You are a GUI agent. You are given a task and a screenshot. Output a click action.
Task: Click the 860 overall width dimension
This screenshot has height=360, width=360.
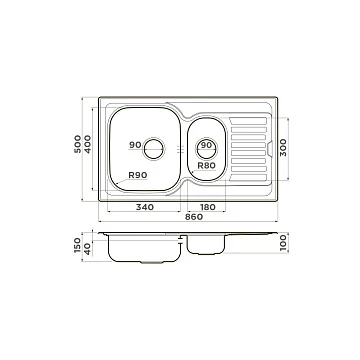point(193,217)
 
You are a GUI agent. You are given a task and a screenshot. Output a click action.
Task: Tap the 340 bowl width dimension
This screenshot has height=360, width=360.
point(145,207)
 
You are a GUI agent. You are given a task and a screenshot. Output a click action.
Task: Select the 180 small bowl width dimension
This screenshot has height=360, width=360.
point(208,207)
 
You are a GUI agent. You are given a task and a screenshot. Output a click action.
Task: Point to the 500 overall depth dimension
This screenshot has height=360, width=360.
point(77,144)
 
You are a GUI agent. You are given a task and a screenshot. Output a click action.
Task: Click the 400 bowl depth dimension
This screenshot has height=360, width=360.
point(87,144)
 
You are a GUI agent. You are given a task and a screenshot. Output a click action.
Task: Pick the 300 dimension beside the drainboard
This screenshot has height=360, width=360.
point(283,148)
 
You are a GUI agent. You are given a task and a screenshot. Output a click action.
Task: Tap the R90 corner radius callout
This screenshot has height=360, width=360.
point(138,175)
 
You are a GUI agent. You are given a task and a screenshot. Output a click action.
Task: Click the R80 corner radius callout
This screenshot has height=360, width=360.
point(207,165)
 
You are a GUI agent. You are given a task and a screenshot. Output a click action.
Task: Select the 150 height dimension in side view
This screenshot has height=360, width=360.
point(77,245)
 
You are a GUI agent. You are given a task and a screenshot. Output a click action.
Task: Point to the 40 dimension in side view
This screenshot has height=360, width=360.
point(87,249)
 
